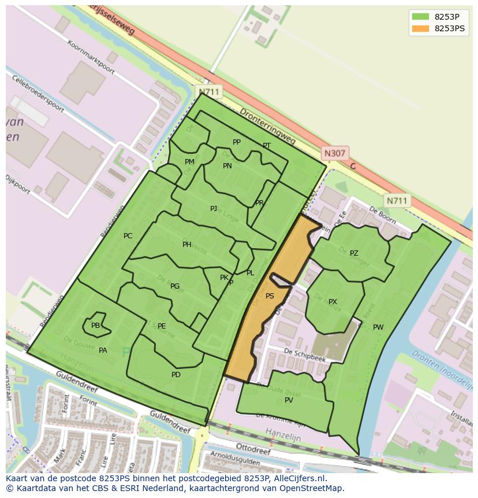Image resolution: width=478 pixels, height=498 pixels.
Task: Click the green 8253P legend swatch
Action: [x=420, y=17]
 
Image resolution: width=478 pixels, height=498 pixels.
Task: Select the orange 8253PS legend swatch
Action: [x=420, y=28]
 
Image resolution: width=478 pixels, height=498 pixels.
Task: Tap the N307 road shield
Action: [x=334, y=153]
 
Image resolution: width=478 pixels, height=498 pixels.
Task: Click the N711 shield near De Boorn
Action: [x=397, y=201]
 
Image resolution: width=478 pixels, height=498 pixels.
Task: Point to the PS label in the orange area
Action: [x=270, y=296]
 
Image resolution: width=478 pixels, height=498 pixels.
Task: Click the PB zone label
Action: [x=95, y=326]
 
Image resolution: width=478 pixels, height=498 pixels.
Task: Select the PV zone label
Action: [x=289, y=400]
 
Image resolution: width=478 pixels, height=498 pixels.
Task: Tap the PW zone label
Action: [x=378, y=327]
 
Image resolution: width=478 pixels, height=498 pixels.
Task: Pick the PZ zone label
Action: [x=354, y=253]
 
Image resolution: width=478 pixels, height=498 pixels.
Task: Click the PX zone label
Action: [x=333, y=302]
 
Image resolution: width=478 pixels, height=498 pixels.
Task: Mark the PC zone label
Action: [x=128, y=236]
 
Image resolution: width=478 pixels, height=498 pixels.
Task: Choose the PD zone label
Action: [x=176, y=375]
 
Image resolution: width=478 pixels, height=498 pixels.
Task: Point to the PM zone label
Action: [x=189, y=162]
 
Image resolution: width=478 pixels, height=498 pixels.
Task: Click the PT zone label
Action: [x=267, y=146]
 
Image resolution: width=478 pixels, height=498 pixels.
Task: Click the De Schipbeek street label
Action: [x=305, y=355]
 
